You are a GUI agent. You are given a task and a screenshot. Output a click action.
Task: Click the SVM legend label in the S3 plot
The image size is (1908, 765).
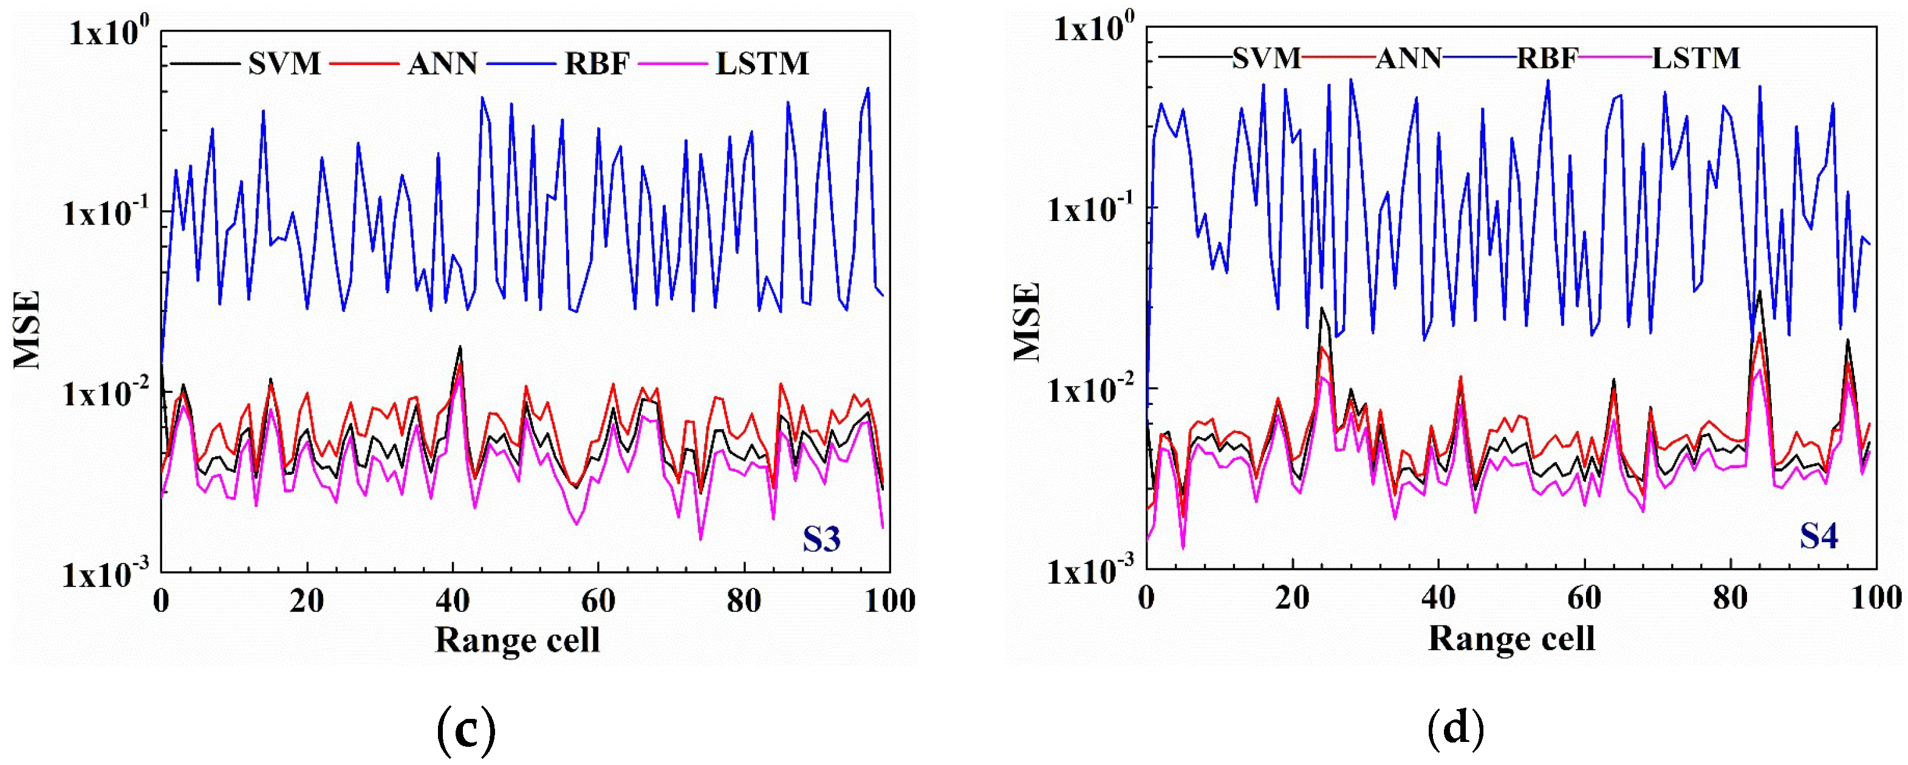(284, 64)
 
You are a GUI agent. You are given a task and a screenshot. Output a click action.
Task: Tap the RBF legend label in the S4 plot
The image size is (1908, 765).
(1547, 58)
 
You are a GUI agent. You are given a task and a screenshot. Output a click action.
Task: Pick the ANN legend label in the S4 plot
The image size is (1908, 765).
(1408, 58)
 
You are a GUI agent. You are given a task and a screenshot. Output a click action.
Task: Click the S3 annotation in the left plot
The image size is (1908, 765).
(821, 539)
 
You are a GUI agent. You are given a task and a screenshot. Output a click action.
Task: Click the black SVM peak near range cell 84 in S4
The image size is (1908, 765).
(1759, 293)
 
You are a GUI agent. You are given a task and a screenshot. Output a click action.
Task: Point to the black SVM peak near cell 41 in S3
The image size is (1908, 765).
(460, 347)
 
